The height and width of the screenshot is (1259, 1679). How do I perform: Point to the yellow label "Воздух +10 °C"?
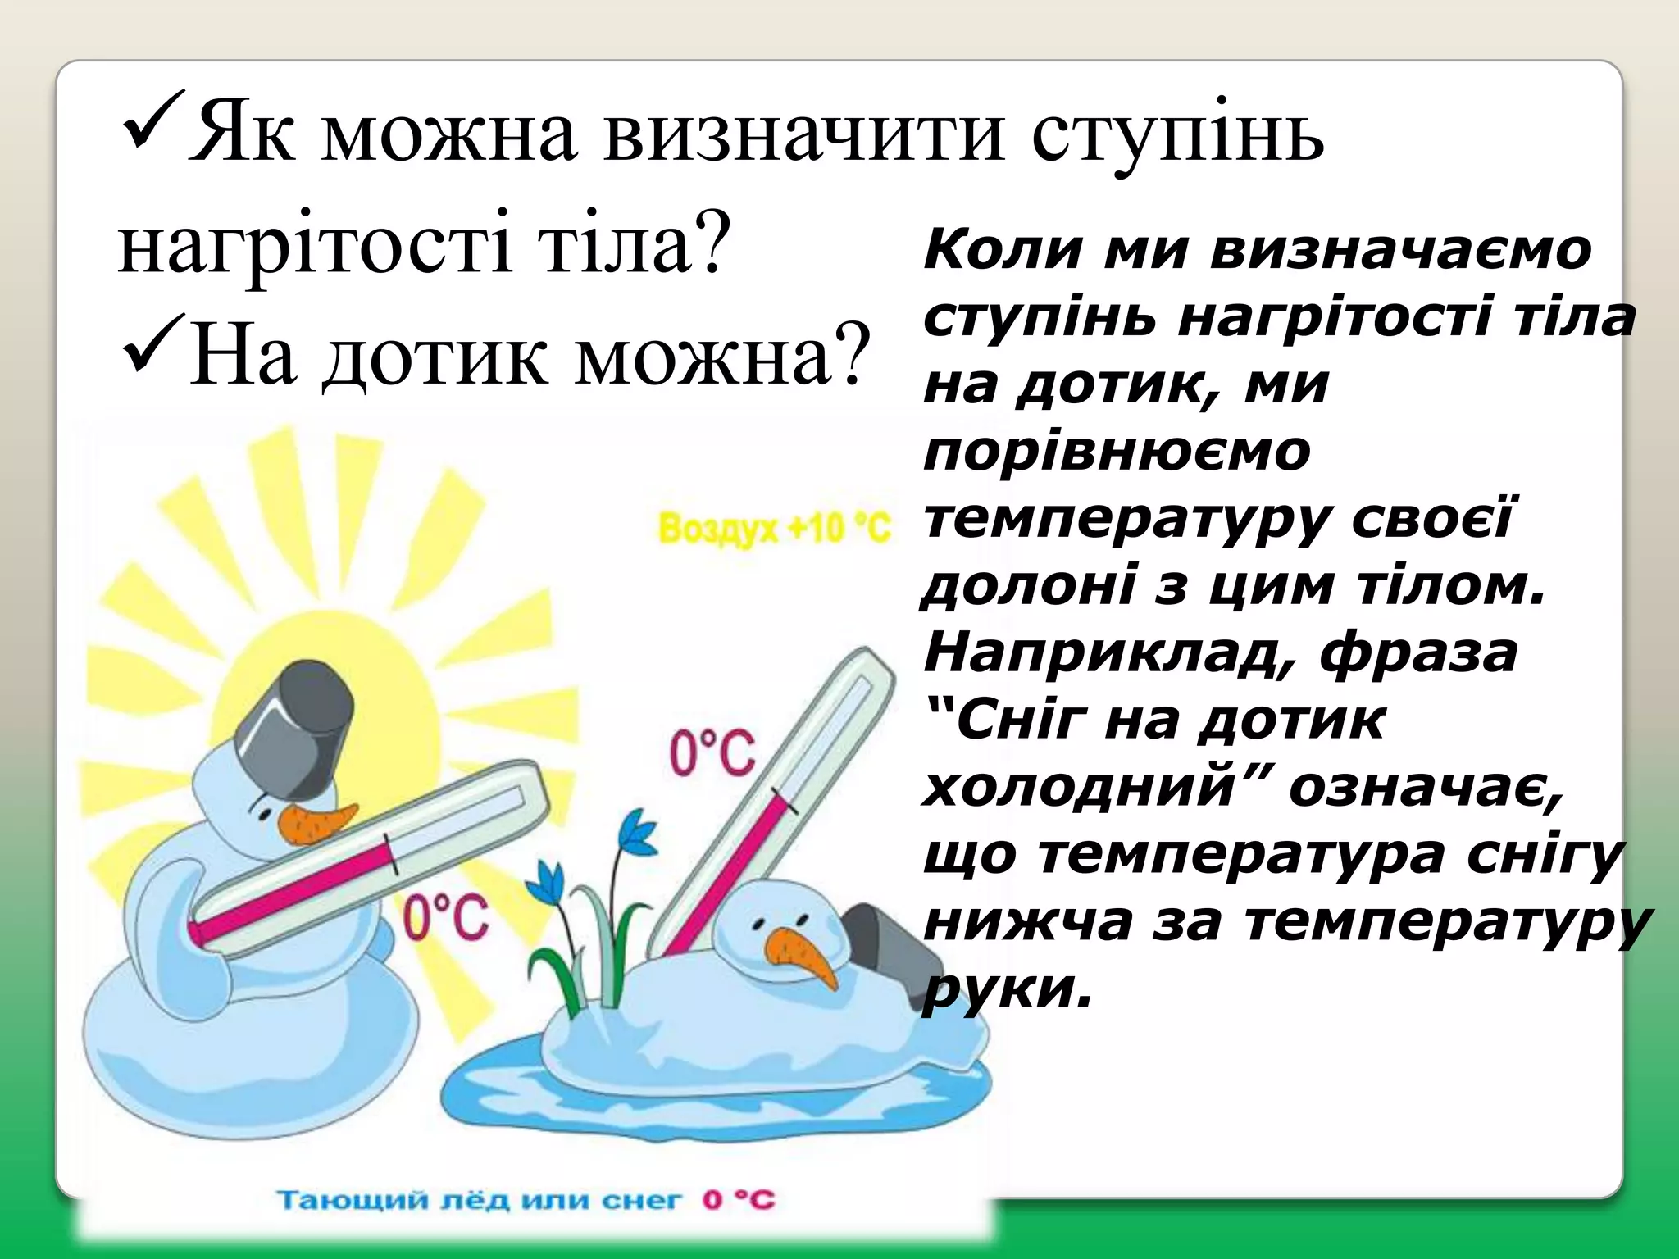tap(774, 529)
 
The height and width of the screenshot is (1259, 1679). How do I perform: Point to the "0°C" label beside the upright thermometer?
tap(712, 754)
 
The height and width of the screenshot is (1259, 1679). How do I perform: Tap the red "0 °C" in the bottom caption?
tap(738, 1202)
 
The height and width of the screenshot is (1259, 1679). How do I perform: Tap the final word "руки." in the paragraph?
tap(1008, 990)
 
